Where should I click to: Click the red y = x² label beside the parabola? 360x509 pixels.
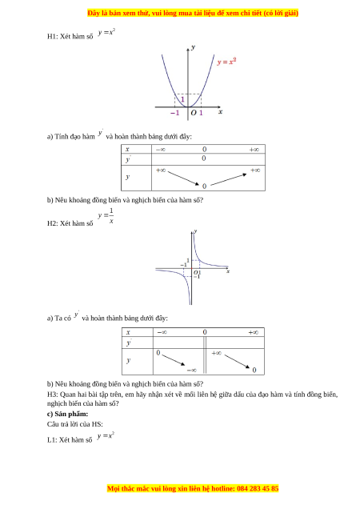point(226,62)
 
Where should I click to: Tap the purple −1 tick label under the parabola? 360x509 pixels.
point(174,113)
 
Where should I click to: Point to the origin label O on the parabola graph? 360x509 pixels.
point(194,113)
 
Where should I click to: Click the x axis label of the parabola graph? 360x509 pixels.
point(221,112)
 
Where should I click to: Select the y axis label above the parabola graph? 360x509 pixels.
point(194,47)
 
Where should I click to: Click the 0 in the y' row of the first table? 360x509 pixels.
point(203,158)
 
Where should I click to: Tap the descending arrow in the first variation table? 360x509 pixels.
point(183,178)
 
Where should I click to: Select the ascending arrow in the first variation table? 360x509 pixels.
point(229,179)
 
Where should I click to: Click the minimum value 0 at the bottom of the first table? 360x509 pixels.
point(204,186)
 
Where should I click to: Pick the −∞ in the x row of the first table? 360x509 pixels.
point(160,150)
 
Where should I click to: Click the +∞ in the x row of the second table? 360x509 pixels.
point(254,332)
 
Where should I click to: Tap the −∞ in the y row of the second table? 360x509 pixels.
point(191,370)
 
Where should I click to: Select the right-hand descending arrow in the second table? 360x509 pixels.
point(237,361)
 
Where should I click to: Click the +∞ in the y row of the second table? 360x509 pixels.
point(217,353)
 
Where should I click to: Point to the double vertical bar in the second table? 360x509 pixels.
point(205,355)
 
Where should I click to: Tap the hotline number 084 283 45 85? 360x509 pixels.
point(258,488)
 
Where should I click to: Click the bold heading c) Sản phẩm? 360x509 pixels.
point(67,414)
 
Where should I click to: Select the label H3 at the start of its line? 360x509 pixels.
point(52,395)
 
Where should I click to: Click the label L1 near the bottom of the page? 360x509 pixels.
point(52,440)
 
